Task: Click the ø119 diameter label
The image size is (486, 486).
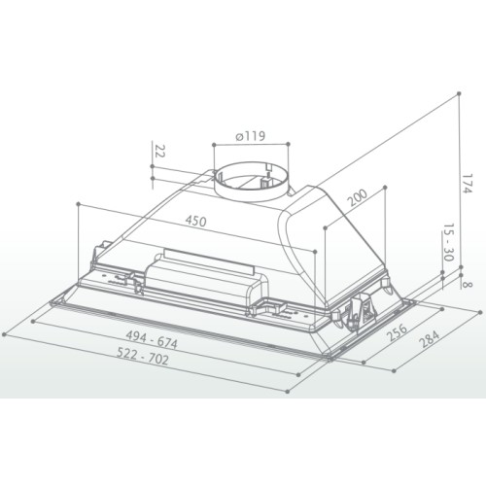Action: tap(250, 136)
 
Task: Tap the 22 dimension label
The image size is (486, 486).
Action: tap(159, 151)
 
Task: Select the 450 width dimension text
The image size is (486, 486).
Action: tap(195, 221)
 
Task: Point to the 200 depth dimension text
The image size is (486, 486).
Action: tap(358, 197)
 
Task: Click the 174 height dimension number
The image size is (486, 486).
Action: tap(467, 184)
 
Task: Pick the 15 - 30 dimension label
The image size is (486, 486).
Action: tap(448, 242)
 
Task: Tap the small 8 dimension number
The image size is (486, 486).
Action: tap(468, 285)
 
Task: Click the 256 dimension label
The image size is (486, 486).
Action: tap(398, 331)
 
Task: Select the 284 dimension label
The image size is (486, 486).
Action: tap(429, 338)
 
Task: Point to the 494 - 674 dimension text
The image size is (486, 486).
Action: tap(152, 339)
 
